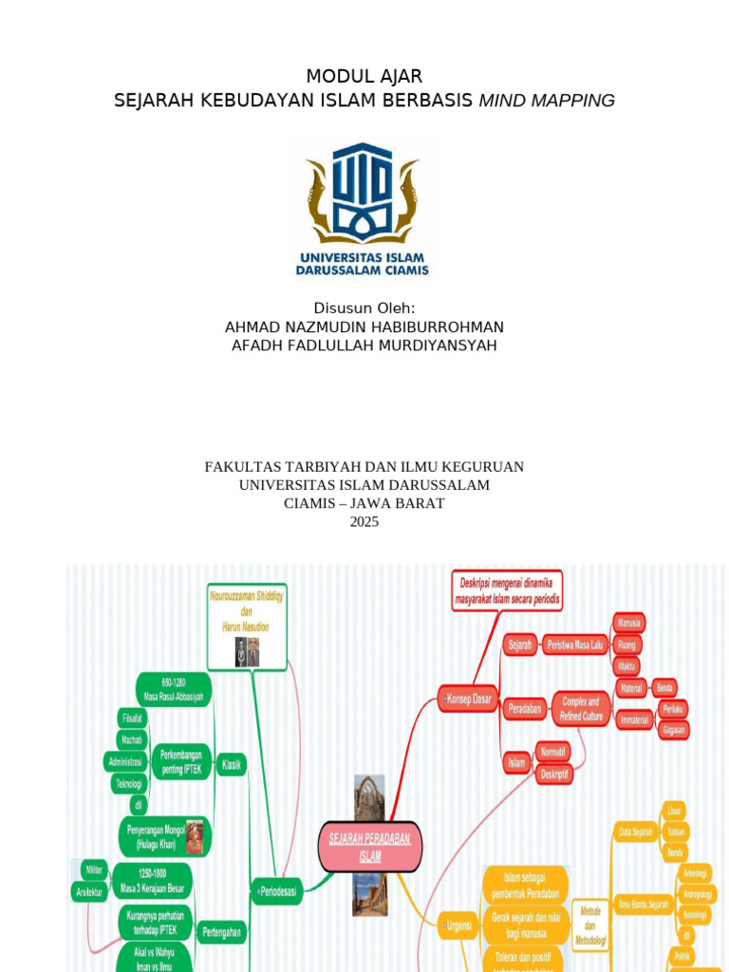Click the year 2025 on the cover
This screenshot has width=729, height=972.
click(x=364, y=521)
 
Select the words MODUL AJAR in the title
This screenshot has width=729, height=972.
click(x=364, y=77)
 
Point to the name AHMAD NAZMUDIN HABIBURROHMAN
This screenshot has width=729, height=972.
click(x=364, y=327)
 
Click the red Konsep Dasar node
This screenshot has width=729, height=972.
click(x=469, y=700)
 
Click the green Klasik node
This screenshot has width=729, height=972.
click(x=231, y=763)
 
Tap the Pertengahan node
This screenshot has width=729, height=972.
click(x=221, y=933)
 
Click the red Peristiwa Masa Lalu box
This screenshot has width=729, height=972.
click(x=574, y=645)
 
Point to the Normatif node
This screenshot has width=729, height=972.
click(x=553, y=751)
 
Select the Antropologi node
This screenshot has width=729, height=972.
click(x=698, y=894)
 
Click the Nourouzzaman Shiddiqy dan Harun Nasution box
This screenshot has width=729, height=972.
click(x=247, y=626)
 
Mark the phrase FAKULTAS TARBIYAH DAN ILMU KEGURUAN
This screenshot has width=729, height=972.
click(x=364, y=467)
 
